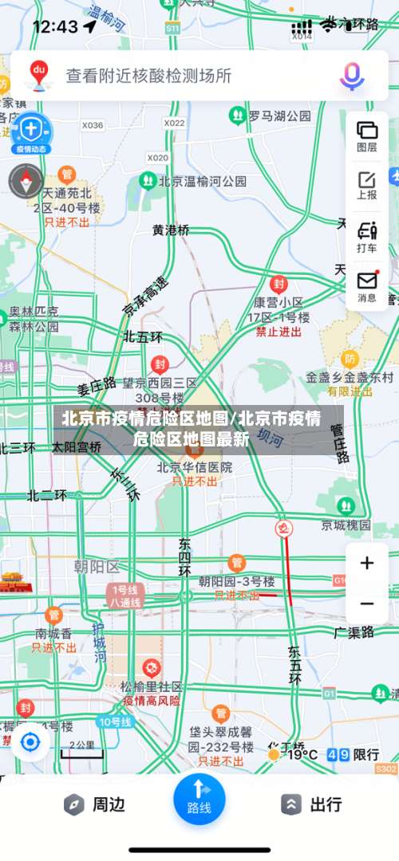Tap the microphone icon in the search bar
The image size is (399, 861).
point(352,76)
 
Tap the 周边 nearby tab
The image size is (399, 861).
point(95,804)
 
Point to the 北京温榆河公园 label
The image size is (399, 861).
point(203,181)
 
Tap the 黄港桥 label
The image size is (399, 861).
point(172,230)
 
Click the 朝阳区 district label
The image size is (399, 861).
point(96,567)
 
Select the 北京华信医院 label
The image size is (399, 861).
point(195,467)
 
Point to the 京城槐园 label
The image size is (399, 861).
point(346,525)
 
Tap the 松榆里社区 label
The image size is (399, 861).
point(152,686)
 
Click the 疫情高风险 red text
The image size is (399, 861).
point(152,701)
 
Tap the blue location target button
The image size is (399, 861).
point(30,742)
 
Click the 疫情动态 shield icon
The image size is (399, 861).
point(30,132)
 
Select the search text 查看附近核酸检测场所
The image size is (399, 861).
point(148,76)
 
